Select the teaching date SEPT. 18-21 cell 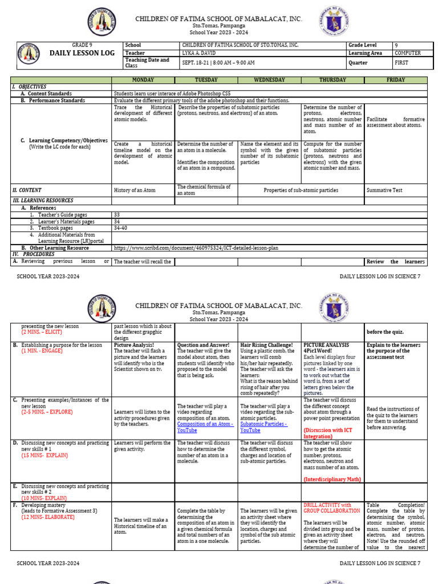218,62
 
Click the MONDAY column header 143,80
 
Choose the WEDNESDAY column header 269,80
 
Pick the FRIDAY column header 395,80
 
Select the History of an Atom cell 135,190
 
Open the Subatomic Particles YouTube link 263,427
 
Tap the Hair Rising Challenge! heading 266,345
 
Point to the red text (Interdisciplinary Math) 332,479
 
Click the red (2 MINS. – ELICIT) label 43,332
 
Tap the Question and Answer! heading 203,345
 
